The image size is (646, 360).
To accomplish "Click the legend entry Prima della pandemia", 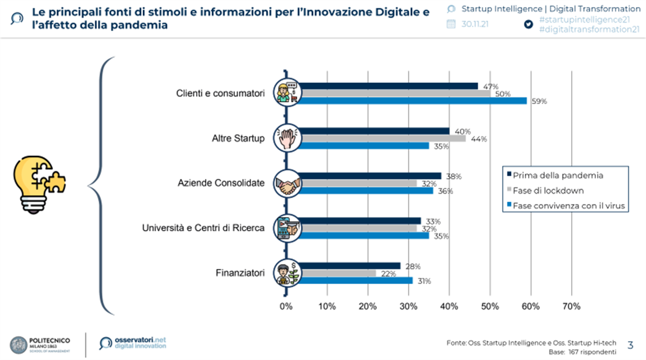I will (x=557, y=175).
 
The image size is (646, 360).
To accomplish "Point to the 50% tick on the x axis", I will (x=490, y=306).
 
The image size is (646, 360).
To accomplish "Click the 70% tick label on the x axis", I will (x=571, y=306).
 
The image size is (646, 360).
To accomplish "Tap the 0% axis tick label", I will (x=286, y=306).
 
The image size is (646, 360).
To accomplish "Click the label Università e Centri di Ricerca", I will (x=203, y=228).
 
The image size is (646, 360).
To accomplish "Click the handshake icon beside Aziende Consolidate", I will (x=287, y=183).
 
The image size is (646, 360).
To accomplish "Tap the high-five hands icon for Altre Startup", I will (x=287, y=138).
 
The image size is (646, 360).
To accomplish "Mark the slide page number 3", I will (x=630, y=344).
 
